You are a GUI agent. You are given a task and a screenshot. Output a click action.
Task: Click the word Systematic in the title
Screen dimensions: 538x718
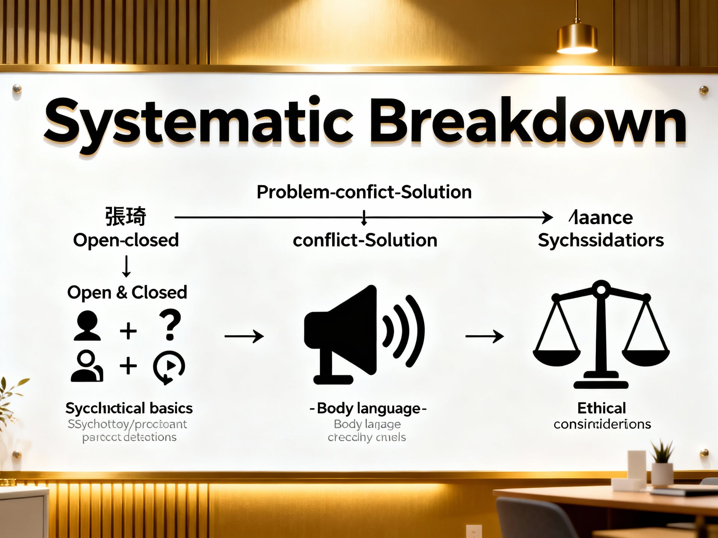tap(198, 121)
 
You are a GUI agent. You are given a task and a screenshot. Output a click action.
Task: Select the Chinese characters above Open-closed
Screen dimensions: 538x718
tap(125, 216)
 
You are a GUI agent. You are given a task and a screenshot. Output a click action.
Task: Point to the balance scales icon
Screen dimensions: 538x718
tap(601, 334)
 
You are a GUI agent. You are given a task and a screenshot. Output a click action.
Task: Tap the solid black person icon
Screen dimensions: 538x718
tap(87, 326)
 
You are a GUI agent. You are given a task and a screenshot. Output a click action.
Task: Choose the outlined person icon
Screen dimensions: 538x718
tap(87, 366)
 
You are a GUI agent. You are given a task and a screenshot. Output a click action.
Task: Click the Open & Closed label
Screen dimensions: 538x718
tap(127, 293)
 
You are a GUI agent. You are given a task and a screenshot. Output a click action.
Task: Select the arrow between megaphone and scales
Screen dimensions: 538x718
tap(484, 336)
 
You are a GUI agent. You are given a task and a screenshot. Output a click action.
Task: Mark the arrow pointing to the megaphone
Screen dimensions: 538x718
tap(244, 336)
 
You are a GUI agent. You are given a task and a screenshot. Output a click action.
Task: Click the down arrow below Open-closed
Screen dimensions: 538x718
tap(126, 266)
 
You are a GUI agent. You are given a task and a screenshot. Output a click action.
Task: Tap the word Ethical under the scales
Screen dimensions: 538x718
tap(601, 408)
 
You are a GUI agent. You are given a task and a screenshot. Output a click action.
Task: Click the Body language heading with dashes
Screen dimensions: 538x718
tap(368, 408)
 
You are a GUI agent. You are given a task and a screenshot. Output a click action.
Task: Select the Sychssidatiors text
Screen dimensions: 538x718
tap(601, 240)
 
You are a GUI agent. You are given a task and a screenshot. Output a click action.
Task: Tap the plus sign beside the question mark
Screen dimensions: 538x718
tap(128, 331)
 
